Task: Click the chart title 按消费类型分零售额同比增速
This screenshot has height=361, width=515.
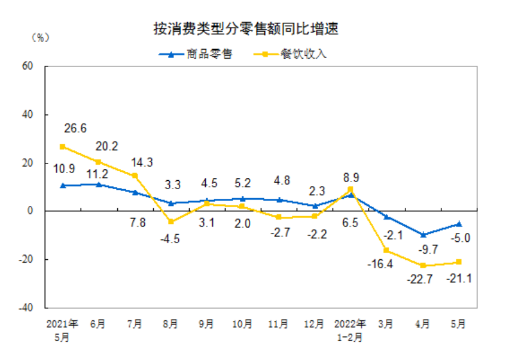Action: point(249,29)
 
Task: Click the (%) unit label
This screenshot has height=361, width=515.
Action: point(39,37)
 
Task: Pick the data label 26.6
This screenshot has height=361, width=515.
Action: point(75,129)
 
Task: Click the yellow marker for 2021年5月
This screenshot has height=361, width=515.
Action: point(63,147)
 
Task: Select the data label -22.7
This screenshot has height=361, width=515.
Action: point(422,280)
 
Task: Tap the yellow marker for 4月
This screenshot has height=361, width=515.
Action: point(423,265)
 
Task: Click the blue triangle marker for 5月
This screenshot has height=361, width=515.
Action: point(459,223)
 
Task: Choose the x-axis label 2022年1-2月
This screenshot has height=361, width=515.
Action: point(351,330)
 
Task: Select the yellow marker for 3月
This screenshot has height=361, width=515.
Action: point(386,250)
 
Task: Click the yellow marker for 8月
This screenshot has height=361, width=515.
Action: point(170,222)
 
